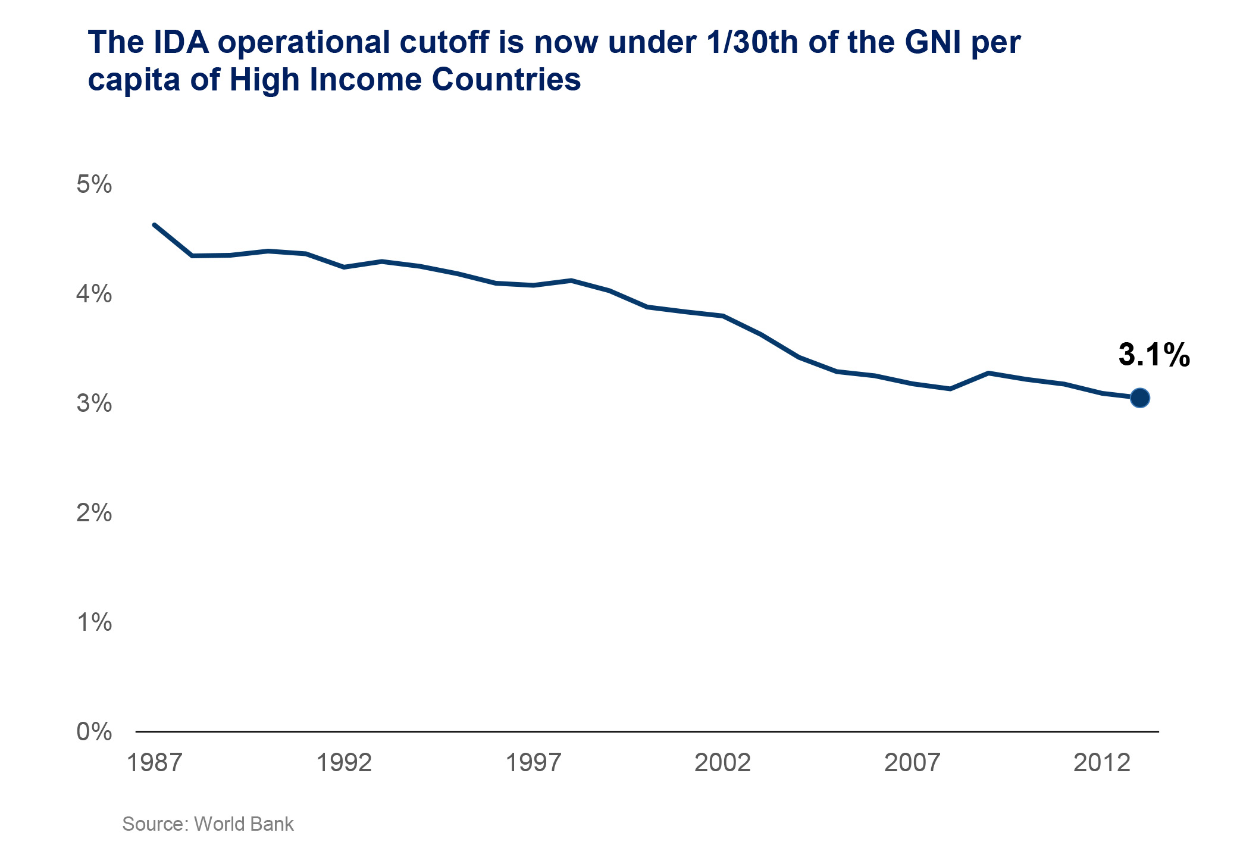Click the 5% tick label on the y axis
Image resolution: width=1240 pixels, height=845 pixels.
[94, 184]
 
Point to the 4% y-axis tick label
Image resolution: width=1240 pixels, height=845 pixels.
[94, 294]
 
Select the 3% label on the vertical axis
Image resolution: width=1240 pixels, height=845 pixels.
[94, 403]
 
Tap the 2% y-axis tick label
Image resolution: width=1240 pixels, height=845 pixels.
[94, 513]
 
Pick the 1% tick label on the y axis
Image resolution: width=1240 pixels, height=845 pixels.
[94, 622]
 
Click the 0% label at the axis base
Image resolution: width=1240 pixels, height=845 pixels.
[94, 732]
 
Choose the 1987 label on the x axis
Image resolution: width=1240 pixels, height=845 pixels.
[155, 763]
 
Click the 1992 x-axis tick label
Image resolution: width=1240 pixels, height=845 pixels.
[344, 763]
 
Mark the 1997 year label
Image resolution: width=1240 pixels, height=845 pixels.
[533, 763]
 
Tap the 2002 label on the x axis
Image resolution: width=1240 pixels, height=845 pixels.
[723, 763]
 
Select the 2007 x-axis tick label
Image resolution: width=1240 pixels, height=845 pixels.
[912, 763]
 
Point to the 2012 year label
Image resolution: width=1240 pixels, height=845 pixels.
[1101, 763]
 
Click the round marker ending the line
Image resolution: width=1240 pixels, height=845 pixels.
[1139, 398]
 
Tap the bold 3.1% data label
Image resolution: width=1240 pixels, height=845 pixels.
[1154, 355]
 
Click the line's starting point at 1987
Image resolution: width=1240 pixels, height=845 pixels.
[155, 225]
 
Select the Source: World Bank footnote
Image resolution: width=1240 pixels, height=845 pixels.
[208, 824]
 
